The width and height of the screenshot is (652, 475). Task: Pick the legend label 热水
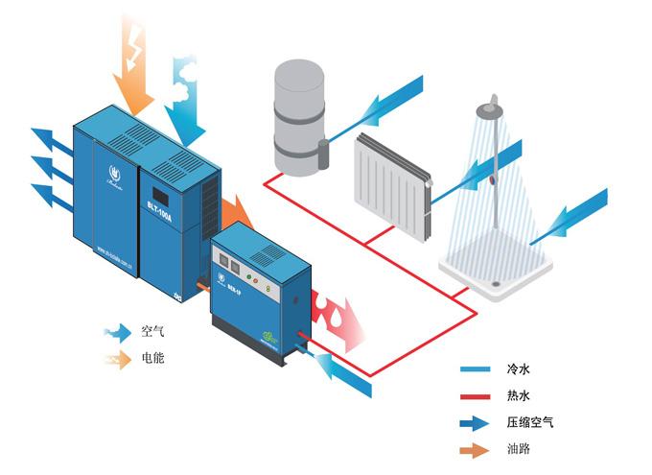[518, 395]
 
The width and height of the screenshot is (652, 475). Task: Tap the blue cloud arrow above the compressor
[188, 96]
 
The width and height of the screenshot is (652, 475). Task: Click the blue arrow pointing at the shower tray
[570, 216]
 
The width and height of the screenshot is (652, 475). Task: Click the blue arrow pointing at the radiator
[479, 169]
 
